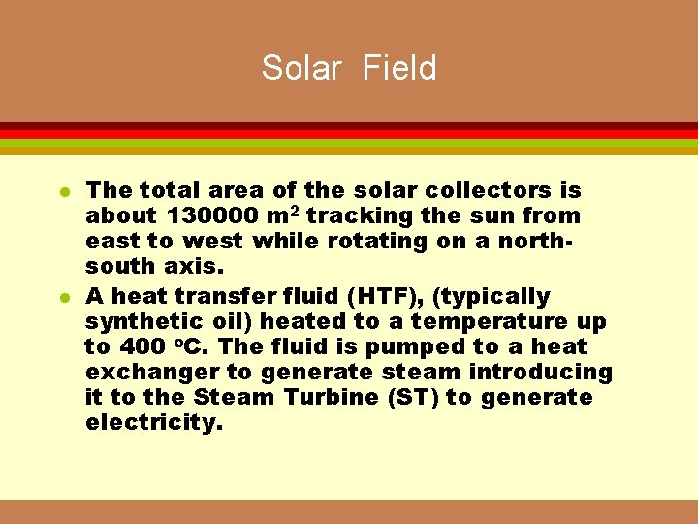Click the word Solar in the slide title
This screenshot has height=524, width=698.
coord(301,68)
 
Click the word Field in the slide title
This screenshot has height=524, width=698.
coord(399,68)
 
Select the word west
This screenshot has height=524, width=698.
coord(211,241)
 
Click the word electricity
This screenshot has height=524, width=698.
coord(154,422)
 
